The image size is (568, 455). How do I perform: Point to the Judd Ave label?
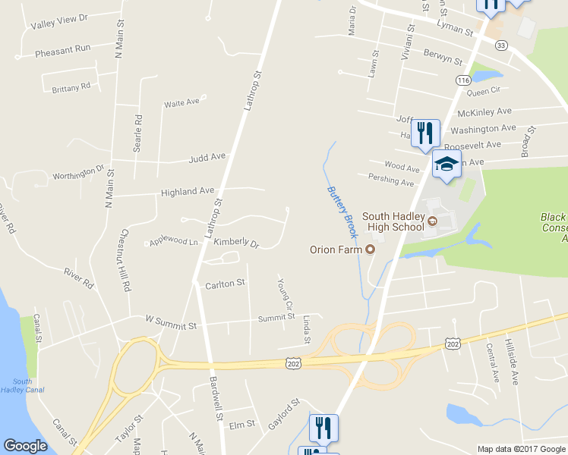pyautogui.click(x=207, y=158)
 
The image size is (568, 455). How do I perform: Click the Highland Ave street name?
pyautogui.click(x=187, y=193)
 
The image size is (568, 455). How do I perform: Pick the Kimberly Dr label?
pyautogui.click(x=236, y=243)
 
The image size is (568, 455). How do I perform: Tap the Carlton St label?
pyautogui.click(x=225, y=284)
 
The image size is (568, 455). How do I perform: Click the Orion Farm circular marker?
pyautogui.click(x=371, y=249)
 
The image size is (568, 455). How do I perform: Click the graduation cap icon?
pyautogui.click(x=447, y=164)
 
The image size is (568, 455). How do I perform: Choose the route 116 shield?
pyautogui.click(x=463, y=80)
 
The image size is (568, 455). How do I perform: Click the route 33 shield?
pyautogui.click(x=500, y=45)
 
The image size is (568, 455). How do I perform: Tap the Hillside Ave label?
pyautogui.click(x=513, y=363)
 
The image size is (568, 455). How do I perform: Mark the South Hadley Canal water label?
pyautogui.click(x=22, y=385)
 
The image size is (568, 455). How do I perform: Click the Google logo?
pyautogui.click(x=26, y=446)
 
